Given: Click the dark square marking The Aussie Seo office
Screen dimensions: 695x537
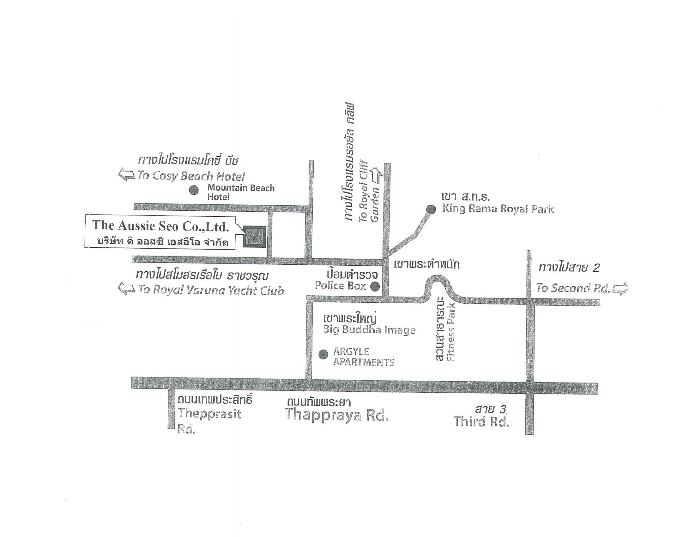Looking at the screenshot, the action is (x=254, y=237).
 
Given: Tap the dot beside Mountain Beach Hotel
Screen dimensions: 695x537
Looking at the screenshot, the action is (x=194, y=190).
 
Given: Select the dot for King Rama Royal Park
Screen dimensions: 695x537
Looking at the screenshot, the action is (x=431, y=209).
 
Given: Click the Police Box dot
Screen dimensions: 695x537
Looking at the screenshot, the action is (x=375, y=287).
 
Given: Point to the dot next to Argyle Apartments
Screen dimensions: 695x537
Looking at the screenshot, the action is (x=323, y=354).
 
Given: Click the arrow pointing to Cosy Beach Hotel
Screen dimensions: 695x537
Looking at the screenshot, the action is (x=127, y=175).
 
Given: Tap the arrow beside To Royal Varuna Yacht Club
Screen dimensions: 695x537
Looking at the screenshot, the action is (x=126, y=288).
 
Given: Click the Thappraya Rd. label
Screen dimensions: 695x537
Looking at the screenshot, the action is (x=337, y=415).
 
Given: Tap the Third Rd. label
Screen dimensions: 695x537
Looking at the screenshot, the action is (x=481, y=421).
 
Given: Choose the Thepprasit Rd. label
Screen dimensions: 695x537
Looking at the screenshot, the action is (x=209, y=421).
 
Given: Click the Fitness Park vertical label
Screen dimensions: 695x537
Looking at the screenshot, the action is (x=451, y=332).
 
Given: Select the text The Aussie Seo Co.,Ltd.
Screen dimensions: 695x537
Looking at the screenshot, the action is (x=161, y=226).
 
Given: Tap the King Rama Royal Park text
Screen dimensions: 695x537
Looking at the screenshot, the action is (x=498, y=209).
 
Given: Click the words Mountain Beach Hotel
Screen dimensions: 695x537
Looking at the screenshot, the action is (x=241, y=192).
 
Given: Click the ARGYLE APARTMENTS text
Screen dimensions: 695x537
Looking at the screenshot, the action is (x=363, y=357).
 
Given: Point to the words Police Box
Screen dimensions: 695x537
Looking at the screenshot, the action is (x=341, y=286).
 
